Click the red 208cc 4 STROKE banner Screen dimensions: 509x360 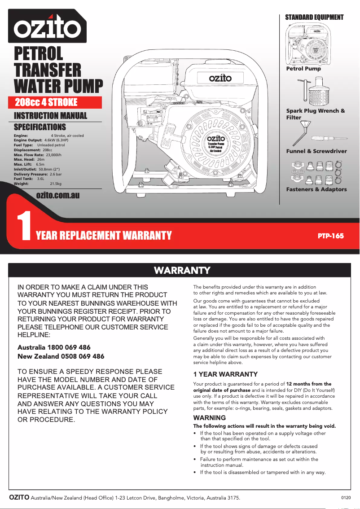click(x=47, y=102)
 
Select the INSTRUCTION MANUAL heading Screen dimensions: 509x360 click(x=51, y=116)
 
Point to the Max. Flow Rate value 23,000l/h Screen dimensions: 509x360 click(x=53, y=155)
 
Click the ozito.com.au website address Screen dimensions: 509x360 click(x=58, y=195)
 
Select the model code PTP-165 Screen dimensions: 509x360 click(x=330, y=236)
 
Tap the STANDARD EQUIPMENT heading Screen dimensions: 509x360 click(x=314, y=18)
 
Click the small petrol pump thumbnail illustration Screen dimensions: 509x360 click(x=309, y=44)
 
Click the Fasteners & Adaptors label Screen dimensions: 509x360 click(x=316, y=189)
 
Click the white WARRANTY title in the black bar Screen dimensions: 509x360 click(x=182, y=270)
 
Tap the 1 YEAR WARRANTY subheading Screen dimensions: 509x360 click(x=225, y=374)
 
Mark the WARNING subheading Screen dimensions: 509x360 click(x=209, y=418)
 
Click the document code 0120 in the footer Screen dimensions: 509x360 click(x=346, y=497)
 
